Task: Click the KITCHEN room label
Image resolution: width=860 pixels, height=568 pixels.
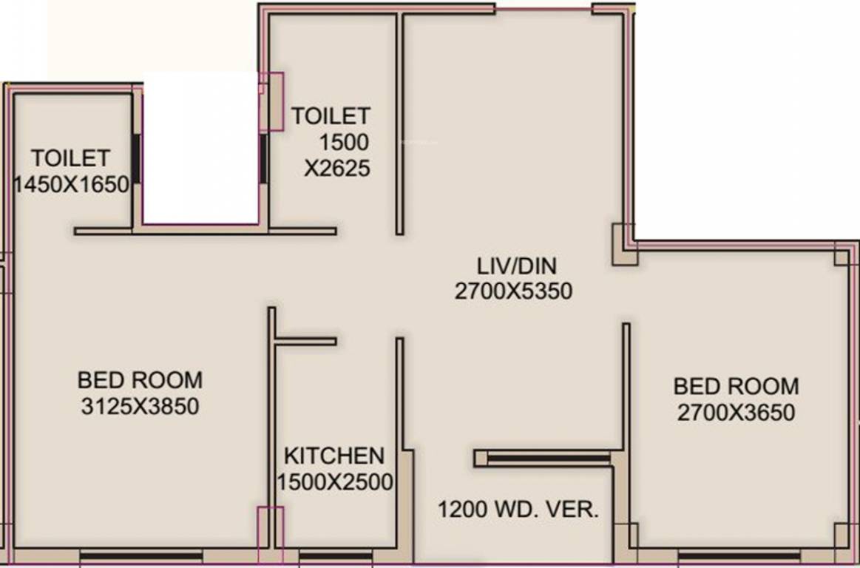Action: tap(334, 455)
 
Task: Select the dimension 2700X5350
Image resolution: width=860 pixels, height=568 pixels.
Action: tap(513, 291)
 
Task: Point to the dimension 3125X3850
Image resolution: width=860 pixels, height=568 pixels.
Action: tap(140, 406)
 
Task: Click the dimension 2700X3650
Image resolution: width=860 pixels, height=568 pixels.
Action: tap(736, 412)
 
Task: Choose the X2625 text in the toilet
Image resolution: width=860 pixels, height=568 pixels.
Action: tap(337, 169)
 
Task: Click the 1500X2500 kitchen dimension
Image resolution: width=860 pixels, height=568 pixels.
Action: tap(334, 482)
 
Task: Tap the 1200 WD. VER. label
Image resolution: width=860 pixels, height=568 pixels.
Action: tap(518, 510)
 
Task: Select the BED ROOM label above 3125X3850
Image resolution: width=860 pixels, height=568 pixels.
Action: tap(140, 380)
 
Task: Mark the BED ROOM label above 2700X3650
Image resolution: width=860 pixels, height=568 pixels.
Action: tap(736, 386)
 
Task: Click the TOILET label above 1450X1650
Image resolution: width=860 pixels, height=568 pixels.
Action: tap(70, 158)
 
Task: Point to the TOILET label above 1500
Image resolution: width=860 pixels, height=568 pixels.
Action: tap(331, 116)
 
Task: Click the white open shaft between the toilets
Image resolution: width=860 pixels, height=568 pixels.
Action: tap(200, 148)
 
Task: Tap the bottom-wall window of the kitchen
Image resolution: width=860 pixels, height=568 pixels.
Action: tap(325, 555)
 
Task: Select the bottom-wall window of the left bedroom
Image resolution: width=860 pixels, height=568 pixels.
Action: tap(140, 555)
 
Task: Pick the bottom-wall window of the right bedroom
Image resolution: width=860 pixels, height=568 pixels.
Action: tap(739, 555)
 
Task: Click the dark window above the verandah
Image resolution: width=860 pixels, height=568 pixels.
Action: tap(548, 459)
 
